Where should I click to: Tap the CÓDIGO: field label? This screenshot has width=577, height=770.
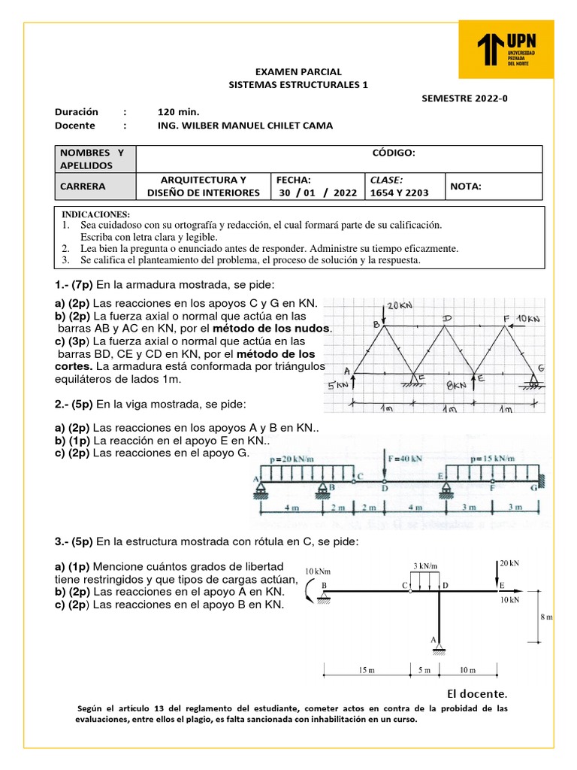394,153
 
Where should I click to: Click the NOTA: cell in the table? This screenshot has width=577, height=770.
466,186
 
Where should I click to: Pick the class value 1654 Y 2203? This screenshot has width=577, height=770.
399,192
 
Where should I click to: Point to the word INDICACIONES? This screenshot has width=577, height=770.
95,214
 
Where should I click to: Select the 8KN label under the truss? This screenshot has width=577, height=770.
457,384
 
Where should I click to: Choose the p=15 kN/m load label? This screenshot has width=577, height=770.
494,457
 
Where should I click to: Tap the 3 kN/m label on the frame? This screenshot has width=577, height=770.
426,565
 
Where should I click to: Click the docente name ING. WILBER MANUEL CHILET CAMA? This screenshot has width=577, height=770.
245,126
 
